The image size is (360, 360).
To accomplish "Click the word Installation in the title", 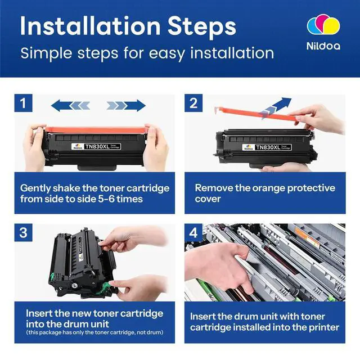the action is point(90,26).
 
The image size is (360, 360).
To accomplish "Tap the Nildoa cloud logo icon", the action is point(323,25).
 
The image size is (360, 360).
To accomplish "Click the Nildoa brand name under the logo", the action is point(323,46).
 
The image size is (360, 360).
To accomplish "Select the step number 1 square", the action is point(23,103).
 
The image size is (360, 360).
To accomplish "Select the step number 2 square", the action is point(193,103).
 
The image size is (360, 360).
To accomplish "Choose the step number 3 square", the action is point(23,232).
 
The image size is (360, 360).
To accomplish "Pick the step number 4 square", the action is point(193,232).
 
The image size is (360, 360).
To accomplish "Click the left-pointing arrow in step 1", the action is point(70,106).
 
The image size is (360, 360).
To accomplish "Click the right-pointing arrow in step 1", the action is point(126,106).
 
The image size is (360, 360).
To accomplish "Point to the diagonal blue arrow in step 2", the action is point(276,107).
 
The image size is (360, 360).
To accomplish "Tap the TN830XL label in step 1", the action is point(96,146).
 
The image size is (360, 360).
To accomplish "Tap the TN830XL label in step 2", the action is point(267,147).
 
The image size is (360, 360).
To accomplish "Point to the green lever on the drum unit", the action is point(105,288).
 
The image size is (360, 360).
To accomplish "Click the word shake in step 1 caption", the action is point(66,188).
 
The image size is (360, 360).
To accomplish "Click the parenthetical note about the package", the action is point(94,332).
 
